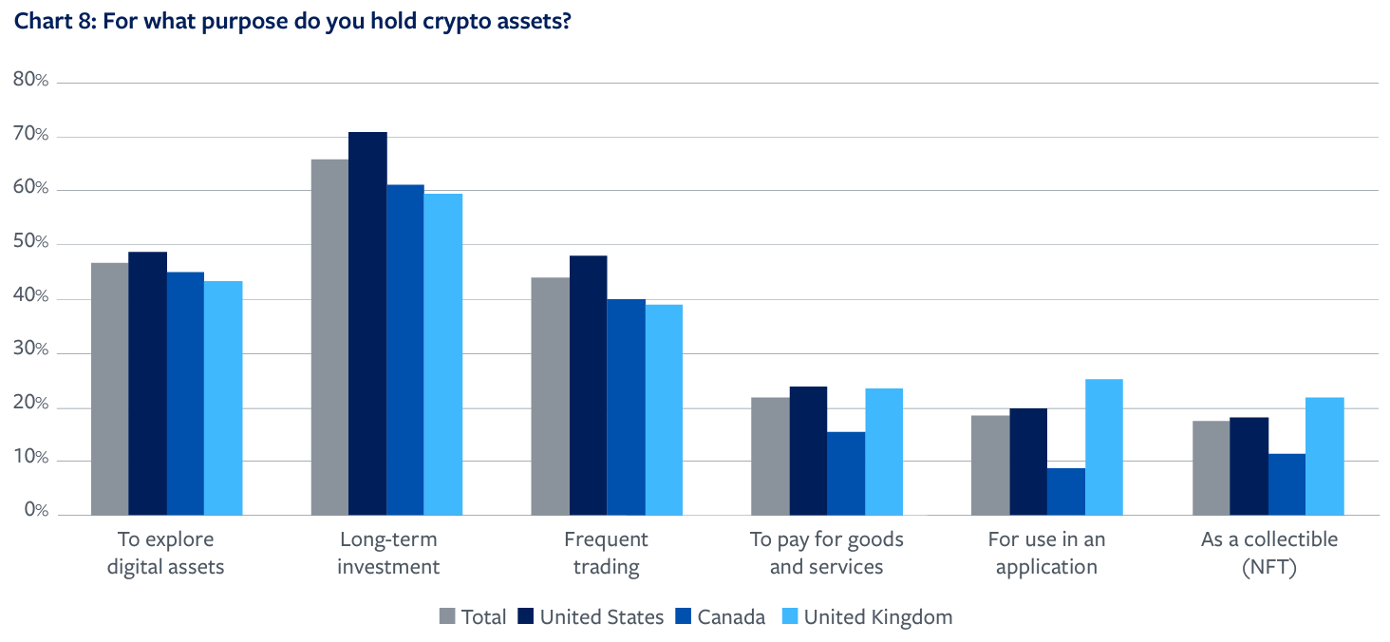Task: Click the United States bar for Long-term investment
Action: (367, 324)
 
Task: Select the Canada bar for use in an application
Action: (1066, 492)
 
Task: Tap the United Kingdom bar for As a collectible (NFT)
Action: (1324, 457)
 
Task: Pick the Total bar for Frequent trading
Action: (550, 396)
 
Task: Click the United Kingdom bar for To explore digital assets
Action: (223, 398)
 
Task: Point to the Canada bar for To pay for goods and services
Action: (846, 474)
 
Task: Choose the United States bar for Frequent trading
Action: (588, 386)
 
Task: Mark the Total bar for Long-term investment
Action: (329, 337)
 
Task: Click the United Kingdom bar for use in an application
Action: (1104, 447)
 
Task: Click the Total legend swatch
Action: (448, 617)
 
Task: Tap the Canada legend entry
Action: (720, 617)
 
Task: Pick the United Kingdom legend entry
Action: (866, 617)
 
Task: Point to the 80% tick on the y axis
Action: (31, 80)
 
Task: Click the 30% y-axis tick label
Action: (31, 350)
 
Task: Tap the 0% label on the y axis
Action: (36, 512)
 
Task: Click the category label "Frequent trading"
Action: (606, 554)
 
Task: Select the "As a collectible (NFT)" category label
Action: (1268, 554)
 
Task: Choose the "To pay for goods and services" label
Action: (826, 554)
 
